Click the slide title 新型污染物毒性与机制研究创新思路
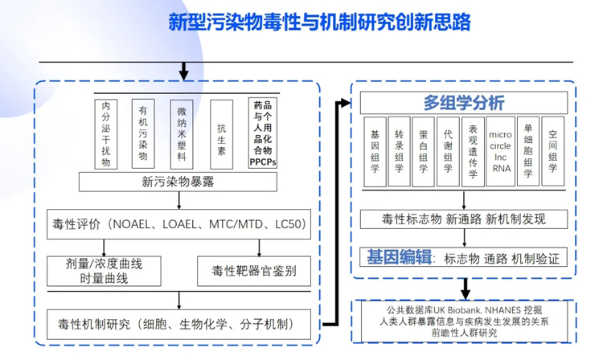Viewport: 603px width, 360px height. coord(318,22)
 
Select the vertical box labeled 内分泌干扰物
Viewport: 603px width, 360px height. coord(104,133)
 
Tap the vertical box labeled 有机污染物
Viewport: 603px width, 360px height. coord(143,133)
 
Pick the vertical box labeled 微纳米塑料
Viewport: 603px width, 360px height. coord(182,133)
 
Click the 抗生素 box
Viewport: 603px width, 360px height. coord(221,133)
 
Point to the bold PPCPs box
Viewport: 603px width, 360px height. coord(263,133)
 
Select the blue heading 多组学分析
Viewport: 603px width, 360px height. coord(464,103)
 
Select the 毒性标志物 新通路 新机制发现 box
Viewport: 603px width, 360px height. coord(464,219)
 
